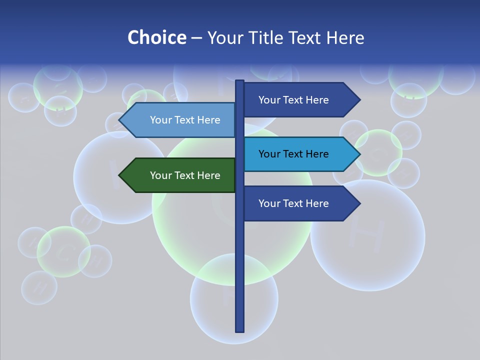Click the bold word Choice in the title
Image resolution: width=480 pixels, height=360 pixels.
coord(156,38)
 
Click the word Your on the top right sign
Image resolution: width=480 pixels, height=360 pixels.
coord(268,100)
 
